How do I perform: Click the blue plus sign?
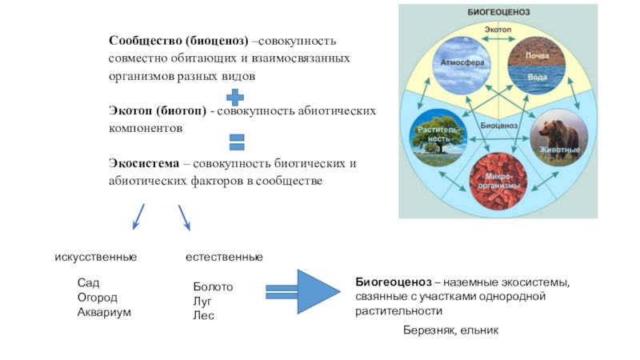pyautogui.click(x=236, y=98)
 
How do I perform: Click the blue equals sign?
pyautogui.click(x=236, y=142)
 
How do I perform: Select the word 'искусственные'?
pyautogui.click(x=95, y=257)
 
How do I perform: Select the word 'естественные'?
pyautogui.click(x=224, y=257)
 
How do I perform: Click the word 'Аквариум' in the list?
pyautogui.click(x=104, y=311)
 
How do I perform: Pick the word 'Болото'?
pyautogui.click(x=213, y=286)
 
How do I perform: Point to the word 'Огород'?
pyautogui.click(x=97, y=297)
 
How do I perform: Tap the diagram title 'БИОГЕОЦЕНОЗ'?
pyautogui.click(x=499, y=12)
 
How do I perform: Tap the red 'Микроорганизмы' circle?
pyautogui.click(x=498, y=182)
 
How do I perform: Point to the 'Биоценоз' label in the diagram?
pyautogui.click(x=499, y=126)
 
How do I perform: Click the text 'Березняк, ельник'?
pyautogui.click(x=450, y=330)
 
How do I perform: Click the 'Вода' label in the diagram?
pyautogui.click(x=538, y=79)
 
